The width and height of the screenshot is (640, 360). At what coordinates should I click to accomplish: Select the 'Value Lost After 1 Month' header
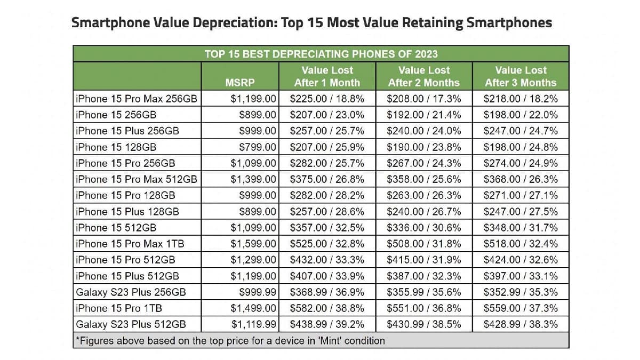[x=327, y=76]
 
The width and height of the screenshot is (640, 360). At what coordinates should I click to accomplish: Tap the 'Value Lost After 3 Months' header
[x=520, y=76]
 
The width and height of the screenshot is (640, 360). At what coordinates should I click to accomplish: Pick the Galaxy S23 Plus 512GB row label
[x=131, y=324]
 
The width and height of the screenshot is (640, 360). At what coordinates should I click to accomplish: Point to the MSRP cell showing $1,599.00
[x=253, y=244]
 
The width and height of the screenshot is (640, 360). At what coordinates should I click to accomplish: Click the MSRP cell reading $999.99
[x=258, y=292]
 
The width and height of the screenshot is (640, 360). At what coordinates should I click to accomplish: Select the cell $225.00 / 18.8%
[x=327, y=99]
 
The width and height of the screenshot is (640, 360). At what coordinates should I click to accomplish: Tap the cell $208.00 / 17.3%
[x=423, y=99]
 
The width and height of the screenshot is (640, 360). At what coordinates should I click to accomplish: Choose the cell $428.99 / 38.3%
[x=520, y=324]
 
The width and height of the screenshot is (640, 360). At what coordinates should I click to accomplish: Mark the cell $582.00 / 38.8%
[x=327, y=308]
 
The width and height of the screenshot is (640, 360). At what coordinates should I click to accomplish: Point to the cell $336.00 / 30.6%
[x=423, y=228]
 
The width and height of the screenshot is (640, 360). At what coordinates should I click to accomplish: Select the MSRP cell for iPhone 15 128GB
[x=258, y=147]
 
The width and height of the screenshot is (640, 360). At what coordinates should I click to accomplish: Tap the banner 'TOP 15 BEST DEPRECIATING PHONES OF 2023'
[x=321, y=53]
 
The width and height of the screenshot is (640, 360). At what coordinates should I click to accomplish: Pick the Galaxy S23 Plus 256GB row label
[x=131, y=292]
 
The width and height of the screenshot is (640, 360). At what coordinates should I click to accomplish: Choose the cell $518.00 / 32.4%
[x=520, y=244]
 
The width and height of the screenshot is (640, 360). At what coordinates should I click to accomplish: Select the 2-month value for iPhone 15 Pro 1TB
[x=423, y=308]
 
